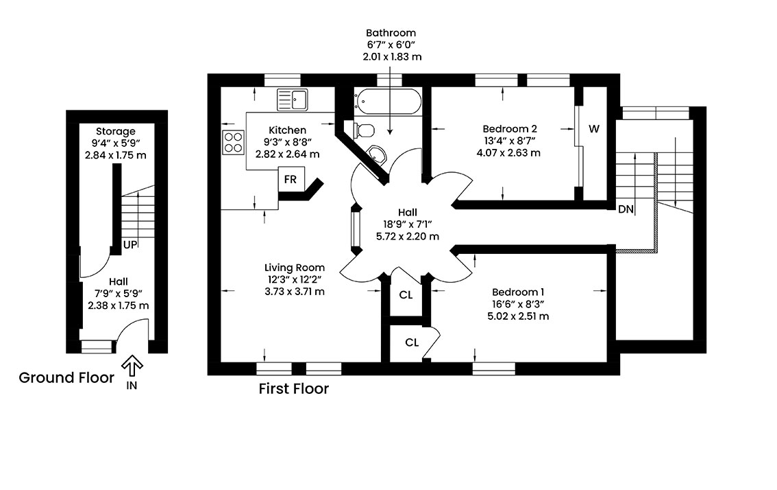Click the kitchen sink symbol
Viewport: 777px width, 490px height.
coord(293,100)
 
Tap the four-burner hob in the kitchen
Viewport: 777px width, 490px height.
coord(234,141)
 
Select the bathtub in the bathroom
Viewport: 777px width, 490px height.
coord(388,101)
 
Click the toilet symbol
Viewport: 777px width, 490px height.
coord(364,130)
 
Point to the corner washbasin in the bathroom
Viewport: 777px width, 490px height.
coord(378,154)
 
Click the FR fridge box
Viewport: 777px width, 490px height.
coord(291,179)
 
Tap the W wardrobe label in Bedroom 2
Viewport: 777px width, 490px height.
coord(594,129)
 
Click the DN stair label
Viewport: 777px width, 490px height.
coord(626,209)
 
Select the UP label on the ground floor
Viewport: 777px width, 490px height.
coord(129,245)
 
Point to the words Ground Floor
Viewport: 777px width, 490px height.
coord(66,378)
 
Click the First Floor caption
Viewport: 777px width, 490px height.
coord(294,388)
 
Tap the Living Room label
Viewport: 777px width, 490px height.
coord(295,268)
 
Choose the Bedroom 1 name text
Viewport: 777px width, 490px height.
coord(518,292)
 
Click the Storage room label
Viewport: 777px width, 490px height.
coord(116,132)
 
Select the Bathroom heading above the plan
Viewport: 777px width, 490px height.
coord(391,33)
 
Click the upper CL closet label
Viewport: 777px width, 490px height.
coord(406,295)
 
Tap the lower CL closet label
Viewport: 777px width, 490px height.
coord(412,342)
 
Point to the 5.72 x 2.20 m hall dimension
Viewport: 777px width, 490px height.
coord(407,236)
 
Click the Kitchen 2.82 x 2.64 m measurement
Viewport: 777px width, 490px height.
coord(287,154)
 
